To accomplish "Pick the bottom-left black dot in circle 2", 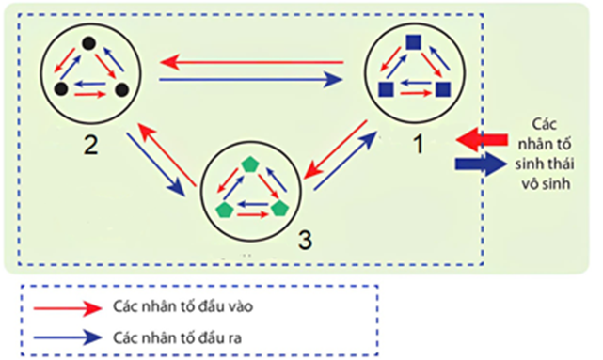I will tap(61, 89).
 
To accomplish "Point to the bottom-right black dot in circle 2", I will tap(121, 89).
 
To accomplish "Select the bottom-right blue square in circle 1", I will tap(442, 89).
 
